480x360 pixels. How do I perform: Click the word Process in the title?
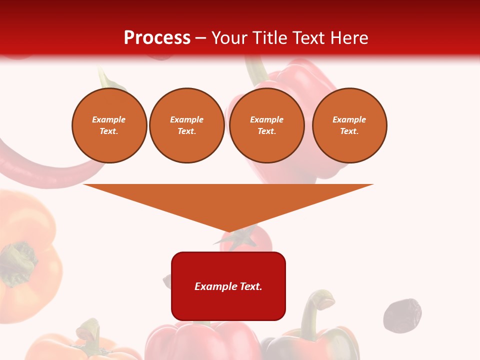157,38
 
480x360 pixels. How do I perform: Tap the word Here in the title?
348,38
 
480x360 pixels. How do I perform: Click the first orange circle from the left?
109,125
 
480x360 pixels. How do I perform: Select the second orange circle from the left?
186,125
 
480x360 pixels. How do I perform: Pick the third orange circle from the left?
266,125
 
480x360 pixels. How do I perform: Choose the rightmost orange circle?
349,125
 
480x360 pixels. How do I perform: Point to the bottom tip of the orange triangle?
229,230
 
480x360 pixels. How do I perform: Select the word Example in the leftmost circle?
109,119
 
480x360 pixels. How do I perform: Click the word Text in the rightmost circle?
349,131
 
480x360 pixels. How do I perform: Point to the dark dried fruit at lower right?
402,315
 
